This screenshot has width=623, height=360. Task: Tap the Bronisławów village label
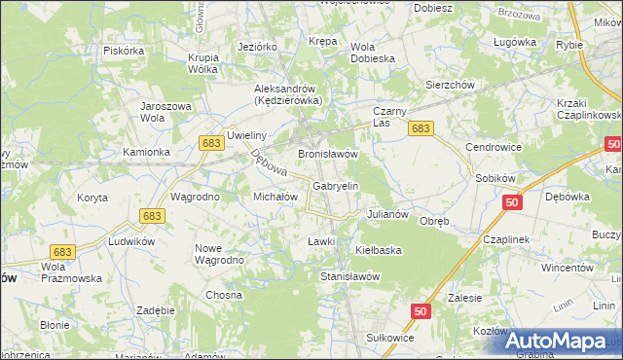click(x=328, y=154)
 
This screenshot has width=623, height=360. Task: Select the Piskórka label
click(x=124, y=51)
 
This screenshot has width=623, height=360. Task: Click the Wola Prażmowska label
click(x=66, y=272)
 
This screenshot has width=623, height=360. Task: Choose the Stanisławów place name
click(x=349, y=275)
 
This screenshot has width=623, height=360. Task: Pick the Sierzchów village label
click(x=449, y=84)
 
